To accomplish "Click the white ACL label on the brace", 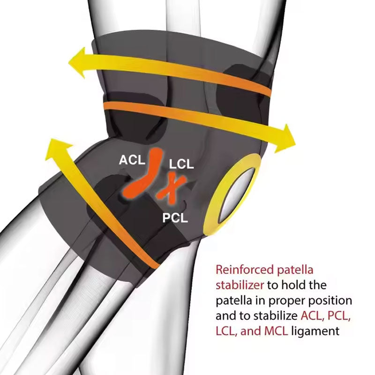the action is [132, 160].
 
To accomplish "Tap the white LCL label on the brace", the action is [181, 164].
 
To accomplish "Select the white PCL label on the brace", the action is [175, 217].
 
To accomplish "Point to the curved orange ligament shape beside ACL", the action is [143, 173].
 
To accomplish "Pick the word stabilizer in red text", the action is [240, 285].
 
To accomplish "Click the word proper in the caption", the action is [286, 301].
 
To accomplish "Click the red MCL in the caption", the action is [276, 331].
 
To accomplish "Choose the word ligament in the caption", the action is [315, 332].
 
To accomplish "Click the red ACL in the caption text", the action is [312, 316].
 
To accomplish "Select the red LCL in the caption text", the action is [226, 331].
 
